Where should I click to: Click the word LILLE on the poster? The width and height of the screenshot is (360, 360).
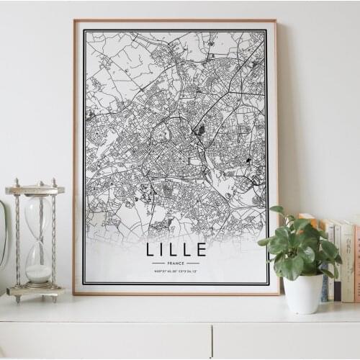tap(176, 250)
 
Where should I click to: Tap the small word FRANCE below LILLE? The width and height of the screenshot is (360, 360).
tap(176, 264)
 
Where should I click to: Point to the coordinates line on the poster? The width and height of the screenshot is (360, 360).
tap(176, 271)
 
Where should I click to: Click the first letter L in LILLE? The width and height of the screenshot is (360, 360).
tap(150, 250)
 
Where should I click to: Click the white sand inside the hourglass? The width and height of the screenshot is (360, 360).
tap(38, 273)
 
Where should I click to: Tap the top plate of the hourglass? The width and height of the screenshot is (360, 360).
tap(35, 190)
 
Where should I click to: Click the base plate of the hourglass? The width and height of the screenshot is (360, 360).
tap(35, 291)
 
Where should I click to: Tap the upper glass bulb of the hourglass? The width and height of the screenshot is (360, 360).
tap(37, 215)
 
